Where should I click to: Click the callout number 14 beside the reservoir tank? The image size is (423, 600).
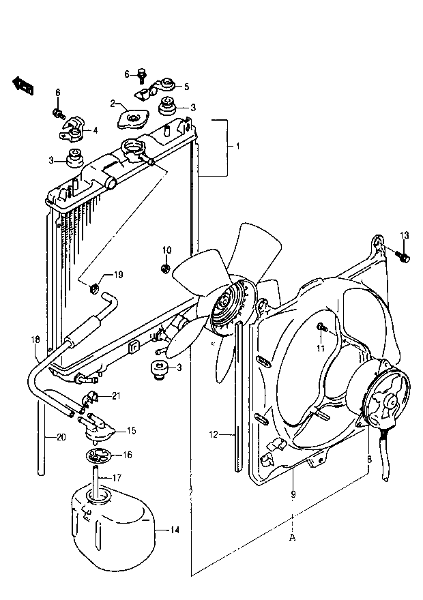point(175,530)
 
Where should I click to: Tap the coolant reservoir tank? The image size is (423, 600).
point(113,524)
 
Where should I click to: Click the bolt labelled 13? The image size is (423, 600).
point(403,256)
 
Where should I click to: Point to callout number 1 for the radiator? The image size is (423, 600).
point(237,146)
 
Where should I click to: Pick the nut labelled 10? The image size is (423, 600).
point(165,268)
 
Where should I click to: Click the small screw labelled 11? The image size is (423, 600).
point(321,327)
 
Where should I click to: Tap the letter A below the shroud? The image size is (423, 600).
point(293,538)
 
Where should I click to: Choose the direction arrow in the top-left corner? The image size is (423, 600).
point(23,85)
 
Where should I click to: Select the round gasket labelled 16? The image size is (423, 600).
point(98,455)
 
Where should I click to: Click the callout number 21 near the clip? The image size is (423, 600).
point(116,395)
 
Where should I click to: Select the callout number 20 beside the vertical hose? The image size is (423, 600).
point(61,437)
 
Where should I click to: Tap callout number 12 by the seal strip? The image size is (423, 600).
point(214,434)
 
